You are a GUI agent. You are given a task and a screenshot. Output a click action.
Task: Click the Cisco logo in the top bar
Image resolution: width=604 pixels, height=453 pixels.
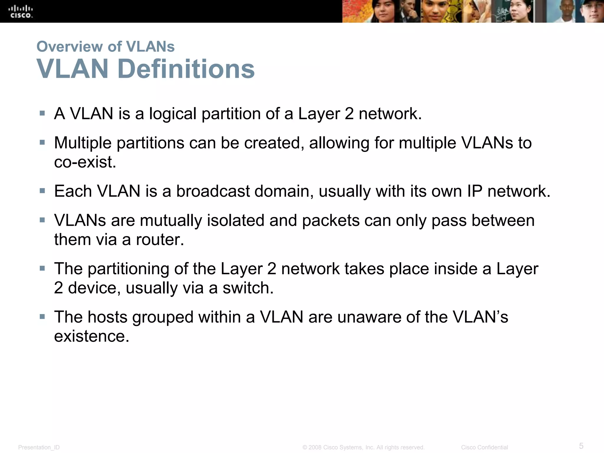21,12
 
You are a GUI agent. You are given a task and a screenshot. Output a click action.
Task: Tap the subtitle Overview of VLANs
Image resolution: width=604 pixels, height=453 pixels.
105,47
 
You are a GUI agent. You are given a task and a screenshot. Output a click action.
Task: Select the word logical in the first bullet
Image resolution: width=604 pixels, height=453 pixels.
173,114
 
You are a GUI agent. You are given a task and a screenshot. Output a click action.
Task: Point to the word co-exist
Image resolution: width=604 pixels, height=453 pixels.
85,162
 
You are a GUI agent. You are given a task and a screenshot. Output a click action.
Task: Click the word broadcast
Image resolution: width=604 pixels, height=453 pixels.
213,191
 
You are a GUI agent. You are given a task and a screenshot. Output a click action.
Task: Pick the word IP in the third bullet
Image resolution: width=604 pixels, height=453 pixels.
475,191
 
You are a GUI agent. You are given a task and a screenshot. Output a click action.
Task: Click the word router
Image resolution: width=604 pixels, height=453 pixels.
160,239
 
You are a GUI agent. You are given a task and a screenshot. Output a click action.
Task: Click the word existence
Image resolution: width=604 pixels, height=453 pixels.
91,336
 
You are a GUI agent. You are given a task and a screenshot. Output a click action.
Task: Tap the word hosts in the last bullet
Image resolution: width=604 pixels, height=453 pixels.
107,317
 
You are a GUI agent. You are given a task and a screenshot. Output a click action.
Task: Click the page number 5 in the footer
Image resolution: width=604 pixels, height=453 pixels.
581,446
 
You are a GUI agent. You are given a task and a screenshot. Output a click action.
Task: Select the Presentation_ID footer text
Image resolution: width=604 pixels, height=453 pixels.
39,447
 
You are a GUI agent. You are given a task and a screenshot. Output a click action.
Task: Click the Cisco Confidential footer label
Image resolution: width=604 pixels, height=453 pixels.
484,447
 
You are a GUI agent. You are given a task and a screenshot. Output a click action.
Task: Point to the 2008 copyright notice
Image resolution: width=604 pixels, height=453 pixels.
363,447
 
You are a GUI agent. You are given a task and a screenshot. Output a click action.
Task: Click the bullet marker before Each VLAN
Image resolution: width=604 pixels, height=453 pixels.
42,191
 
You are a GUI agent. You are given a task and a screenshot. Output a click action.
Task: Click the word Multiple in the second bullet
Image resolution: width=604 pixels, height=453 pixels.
83,143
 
